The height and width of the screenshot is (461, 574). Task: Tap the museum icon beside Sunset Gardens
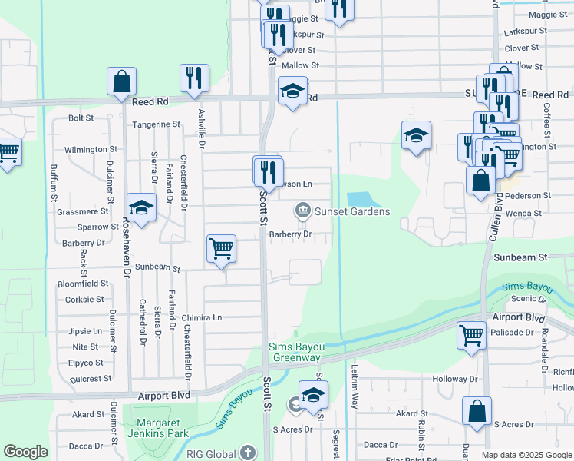click(302, 211)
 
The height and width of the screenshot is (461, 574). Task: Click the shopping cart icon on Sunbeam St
click(221, 248)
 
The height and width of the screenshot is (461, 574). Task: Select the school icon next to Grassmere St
click(142, 207)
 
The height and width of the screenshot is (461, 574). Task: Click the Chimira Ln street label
click(202, 317)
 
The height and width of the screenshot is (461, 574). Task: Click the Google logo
click(25, 452)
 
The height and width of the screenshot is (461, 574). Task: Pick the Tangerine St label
click(156, 124)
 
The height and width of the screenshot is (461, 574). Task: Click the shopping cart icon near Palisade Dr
click(471, 334)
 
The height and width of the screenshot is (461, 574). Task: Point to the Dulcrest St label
click(91, 379)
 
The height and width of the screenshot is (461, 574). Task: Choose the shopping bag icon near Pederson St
click(480, 181)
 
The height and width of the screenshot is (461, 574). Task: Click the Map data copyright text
click(526, 455)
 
